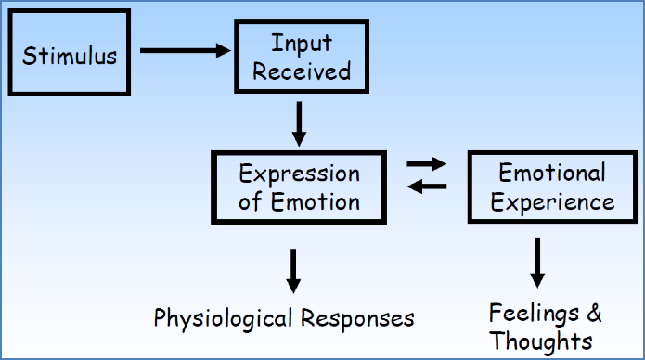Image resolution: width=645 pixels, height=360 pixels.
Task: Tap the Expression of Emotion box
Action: [299, 187]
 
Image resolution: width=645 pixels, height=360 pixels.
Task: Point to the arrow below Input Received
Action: [299, 123]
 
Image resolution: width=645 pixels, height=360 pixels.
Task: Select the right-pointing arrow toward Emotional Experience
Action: [427, 163]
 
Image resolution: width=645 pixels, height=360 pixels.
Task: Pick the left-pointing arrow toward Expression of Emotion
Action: [427, 187]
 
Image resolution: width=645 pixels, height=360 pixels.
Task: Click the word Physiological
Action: [221, 318]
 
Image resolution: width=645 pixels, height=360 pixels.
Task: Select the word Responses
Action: [357, 318]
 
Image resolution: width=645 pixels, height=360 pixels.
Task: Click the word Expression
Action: [299, 174]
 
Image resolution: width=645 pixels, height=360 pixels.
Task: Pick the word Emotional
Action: [552, 173]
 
